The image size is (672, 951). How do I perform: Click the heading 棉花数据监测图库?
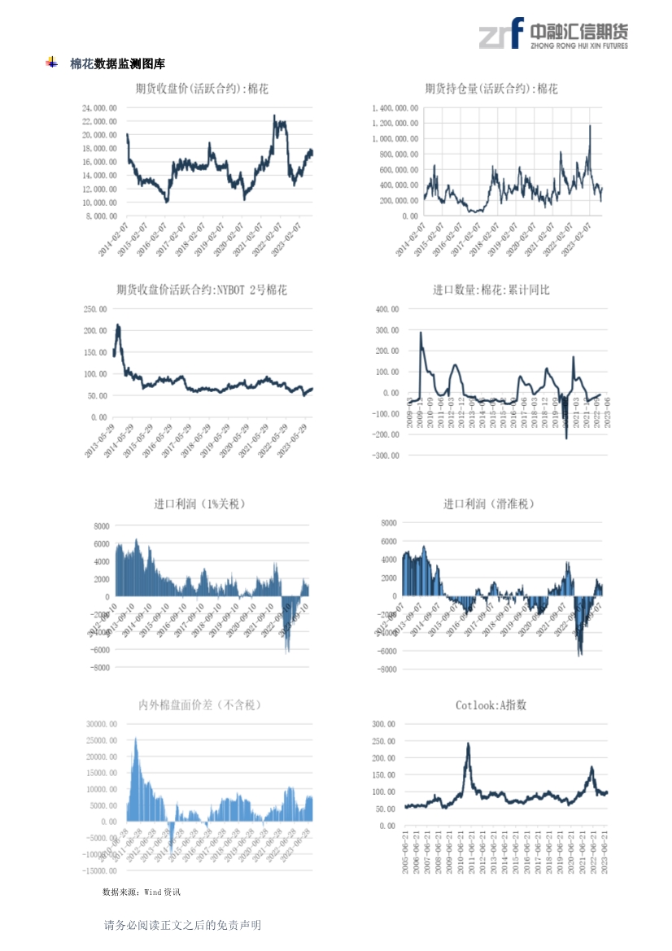coord(117,63)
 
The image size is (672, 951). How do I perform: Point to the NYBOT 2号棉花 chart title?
coord(201,290)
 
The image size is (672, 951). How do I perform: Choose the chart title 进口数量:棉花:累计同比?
coord(491,290)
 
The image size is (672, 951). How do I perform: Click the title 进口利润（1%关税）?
coord(199,504)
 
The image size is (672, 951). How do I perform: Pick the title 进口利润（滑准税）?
coord(488,504)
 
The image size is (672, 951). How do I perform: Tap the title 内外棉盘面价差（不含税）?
coord(200,705)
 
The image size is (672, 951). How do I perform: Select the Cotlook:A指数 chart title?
coord(491,705)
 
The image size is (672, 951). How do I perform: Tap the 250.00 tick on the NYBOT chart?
coord(96,309)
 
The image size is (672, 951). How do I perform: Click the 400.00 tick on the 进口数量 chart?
coord(386,309)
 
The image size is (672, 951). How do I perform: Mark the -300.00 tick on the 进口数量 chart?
coord(384,456)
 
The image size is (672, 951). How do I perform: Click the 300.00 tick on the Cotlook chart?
coord(384,723)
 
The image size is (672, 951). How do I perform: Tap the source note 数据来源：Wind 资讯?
coord(142,892)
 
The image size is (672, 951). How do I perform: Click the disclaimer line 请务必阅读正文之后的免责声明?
coord(182,925)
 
